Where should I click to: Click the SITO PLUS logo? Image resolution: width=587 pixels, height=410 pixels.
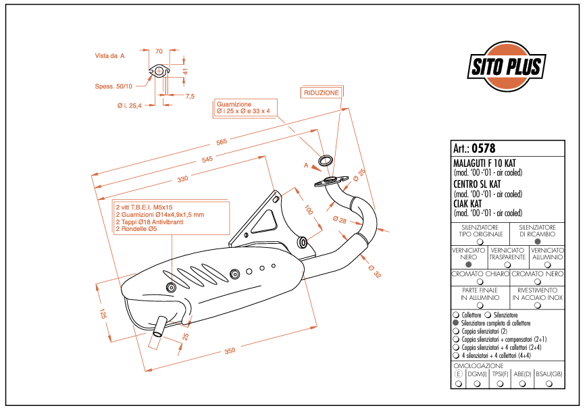(x=505, y=66)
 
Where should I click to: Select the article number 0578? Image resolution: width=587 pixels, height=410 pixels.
(x=483, y=149)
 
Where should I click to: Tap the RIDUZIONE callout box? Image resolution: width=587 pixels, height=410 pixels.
(x=321, y=93)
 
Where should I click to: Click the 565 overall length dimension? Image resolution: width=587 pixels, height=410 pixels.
(x=221, y=142)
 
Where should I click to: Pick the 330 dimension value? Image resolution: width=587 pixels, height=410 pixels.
(x=182, y=179)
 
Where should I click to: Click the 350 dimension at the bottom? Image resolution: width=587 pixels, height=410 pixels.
(x=230, y=351)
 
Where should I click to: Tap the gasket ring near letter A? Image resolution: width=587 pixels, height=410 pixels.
(x=325, y=161)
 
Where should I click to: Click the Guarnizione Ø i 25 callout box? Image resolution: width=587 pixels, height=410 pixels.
(x=244, y=108)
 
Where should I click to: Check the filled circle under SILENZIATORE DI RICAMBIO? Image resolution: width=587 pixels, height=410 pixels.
(x=537, y=241)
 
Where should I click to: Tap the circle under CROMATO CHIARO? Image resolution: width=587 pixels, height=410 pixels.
(x=480, y=282)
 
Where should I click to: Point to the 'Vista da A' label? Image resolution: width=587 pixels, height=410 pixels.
(x=109, y=57)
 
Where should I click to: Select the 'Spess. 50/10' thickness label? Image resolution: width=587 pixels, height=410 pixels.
(x=113, y=86)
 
